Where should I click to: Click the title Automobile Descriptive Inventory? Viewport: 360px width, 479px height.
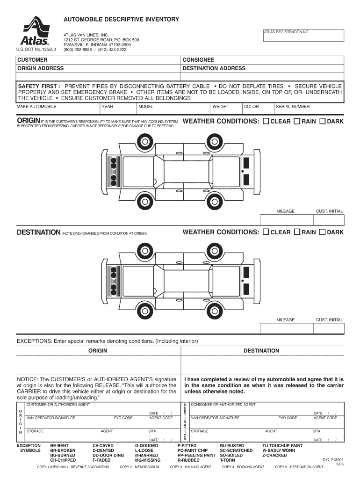pyautogui.click(x=121, y=19)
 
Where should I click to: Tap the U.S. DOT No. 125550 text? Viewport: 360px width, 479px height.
pyautogui.click(x=36, y=50)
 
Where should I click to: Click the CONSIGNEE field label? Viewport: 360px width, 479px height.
pyautogui.click(x=198, y=60)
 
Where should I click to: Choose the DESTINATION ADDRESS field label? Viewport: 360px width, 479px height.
pyautogui.click(x=214, y=69)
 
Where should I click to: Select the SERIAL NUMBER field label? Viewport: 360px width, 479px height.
pyautogui.click(x=293, y=107)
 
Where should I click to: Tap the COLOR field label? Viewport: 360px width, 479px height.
pyautogui.click(x=251, y=107)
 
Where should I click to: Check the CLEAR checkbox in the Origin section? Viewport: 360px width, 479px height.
pyautogui.click(x=266, y=122)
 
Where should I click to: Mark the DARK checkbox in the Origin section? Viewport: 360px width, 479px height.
pyautogui.click(x=322, y=122)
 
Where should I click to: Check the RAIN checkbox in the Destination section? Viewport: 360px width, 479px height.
pyautogui.click(x=297, y=232)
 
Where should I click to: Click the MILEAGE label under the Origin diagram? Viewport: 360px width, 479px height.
pyautogui.click(x=285, y=211)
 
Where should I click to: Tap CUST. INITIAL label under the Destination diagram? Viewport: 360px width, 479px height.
pyautogui.click(x=329, y=320)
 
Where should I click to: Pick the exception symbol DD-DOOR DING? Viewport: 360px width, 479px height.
pyautogui.click(x=108, y=455)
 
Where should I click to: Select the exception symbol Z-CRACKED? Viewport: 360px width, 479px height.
pyautogui.click(x=274, y=455)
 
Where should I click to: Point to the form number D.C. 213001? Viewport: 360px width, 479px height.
pyautogui.click(x=333, y=459)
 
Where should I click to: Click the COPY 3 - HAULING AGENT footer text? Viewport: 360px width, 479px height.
pyautogui.click(x=190, y=467)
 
